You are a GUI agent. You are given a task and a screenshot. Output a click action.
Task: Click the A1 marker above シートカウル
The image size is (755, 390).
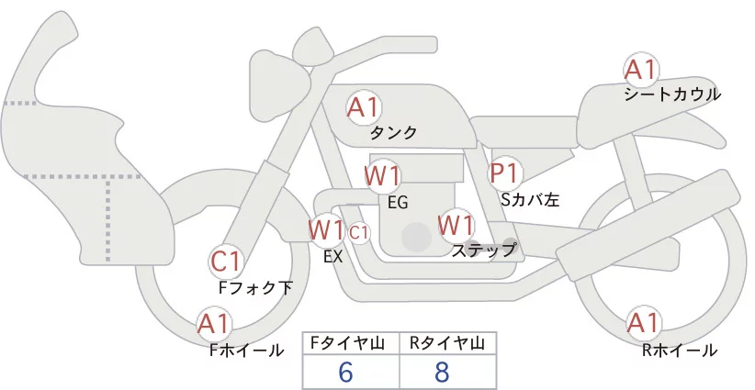(641, 70)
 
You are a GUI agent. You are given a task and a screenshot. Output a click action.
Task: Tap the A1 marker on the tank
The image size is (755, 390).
(363, 107)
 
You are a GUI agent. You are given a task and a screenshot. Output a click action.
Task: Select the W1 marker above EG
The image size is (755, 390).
(382, 175)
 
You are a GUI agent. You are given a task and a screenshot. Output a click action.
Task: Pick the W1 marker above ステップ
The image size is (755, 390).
(456, 224)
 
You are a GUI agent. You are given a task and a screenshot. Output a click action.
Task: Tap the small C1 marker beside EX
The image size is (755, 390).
(359, 232)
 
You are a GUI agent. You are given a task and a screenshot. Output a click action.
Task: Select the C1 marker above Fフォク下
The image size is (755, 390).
(226, 262)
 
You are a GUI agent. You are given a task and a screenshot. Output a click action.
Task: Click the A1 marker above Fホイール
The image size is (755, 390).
(214, 323)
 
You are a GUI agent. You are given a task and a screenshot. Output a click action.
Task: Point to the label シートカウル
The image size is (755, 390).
(672, 95)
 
